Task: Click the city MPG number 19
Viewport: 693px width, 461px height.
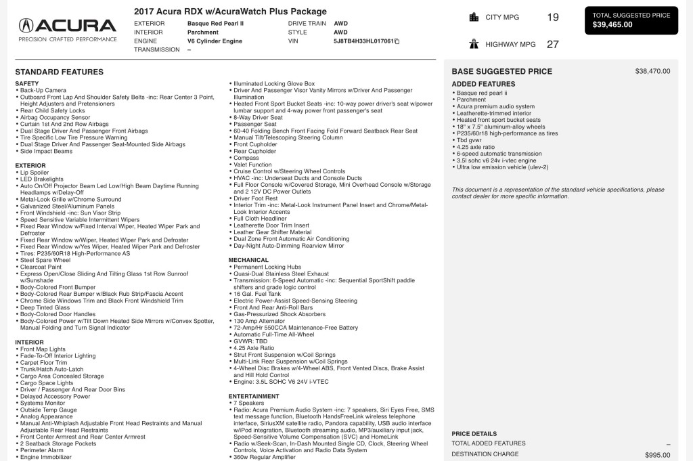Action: [553, 17]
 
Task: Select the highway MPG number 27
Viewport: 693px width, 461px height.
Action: [553, 44]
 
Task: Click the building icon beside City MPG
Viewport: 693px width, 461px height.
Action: [474, 17]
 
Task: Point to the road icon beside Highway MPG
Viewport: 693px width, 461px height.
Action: [474, 44]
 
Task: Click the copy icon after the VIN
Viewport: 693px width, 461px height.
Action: [397, 41]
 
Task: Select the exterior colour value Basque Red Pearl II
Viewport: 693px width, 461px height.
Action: [215, 23]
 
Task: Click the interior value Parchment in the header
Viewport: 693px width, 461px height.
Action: [203, 32]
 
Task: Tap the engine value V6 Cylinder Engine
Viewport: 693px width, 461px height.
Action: [215, 41]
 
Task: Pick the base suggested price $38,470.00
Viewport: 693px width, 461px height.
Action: [652, 71]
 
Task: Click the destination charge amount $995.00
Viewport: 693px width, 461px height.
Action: [657, 455]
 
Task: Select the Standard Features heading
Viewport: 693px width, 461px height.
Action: [59, 72]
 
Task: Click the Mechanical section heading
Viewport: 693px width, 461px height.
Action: [248, 260]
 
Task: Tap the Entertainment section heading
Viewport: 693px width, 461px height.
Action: [254, 396]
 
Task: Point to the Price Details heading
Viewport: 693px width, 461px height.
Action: [474, 434]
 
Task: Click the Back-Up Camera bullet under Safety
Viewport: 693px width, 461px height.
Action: [43, 90]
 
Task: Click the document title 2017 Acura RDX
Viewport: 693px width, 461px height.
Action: [230, 12]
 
